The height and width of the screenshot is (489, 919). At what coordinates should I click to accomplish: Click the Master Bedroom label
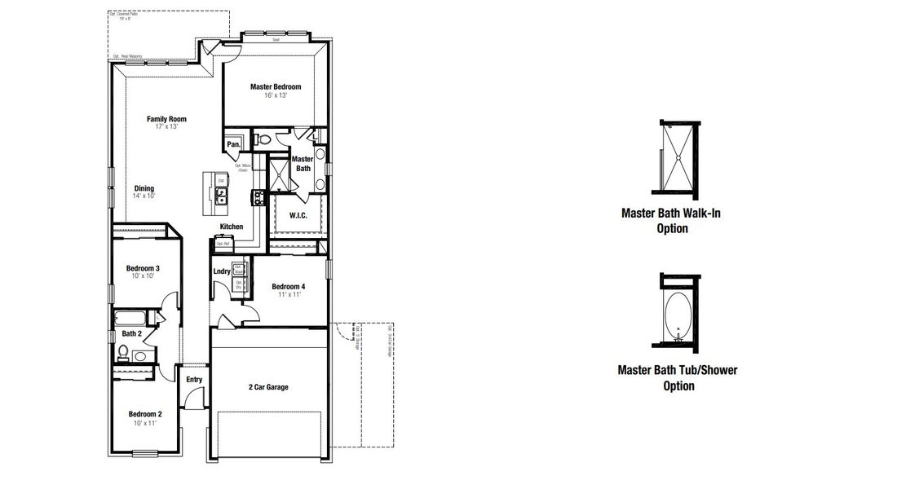click(275, 86)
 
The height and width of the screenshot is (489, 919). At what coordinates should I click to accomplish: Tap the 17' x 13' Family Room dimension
click(166, 127)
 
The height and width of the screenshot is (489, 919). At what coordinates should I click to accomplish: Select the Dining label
click(144, 188)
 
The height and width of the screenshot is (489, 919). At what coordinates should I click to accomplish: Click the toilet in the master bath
click(263, 140)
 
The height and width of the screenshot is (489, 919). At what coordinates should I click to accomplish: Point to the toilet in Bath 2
click(123, 352)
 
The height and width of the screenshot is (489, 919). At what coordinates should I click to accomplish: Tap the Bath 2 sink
click(139, 356)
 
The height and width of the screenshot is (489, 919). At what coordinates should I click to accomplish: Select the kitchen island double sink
click(221, 195)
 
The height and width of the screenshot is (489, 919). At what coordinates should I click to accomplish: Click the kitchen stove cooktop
click(258, 196)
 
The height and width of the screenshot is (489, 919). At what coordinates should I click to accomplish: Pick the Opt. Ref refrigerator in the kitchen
click(223, 243)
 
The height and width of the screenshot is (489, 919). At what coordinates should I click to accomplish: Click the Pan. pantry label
click(233, 144)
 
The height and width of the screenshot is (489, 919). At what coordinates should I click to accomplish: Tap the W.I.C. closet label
click(298, 216)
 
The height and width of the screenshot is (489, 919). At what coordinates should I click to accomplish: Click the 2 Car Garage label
click(268, 387)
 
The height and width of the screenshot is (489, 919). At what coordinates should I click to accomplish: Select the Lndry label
click(221, 271)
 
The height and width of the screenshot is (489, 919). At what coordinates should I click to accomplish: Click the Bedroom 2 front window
click(145, 452)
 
